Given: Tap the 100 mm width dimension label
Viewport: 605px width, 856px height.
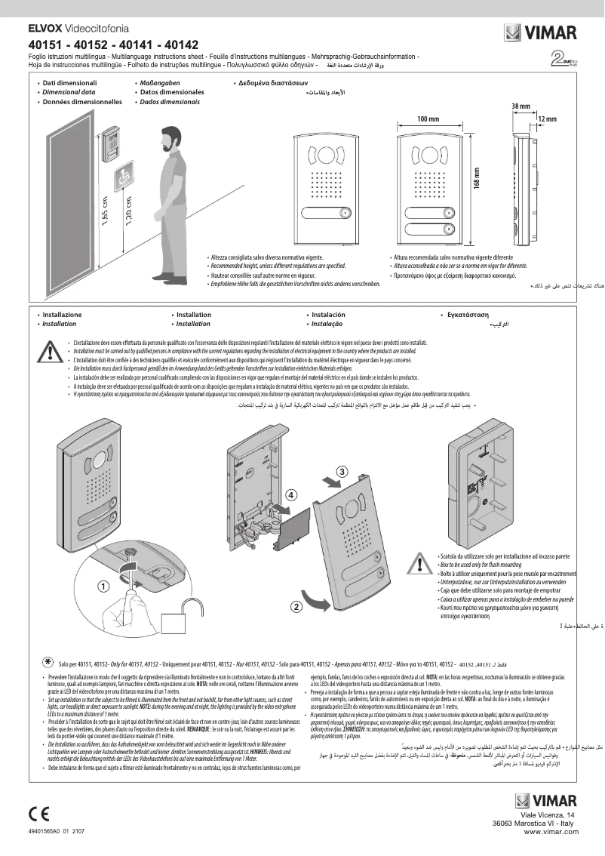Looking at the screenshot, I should coord(428,119).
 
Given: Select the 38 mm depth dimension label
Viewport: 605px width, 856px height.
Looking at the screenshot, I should coord(520,106).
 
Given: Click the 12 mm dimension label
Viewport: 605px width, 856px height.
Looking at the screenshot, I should coord(547,119).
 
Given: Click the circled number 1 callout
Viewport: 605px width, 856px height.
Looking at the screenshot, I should coord(100,585).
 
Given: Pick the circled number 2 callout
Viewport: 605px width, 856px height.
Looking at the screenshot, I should coord(296,605).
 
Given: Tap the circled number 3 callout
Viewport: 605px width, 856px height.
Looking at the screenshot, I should coord(341,472).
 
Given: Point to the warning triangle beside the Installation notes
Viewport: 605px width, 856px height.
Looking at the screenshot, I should coord(50,352).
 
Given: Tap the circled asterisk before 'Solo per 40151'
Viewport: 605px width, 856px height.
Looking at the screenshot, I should coord(47,660).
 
